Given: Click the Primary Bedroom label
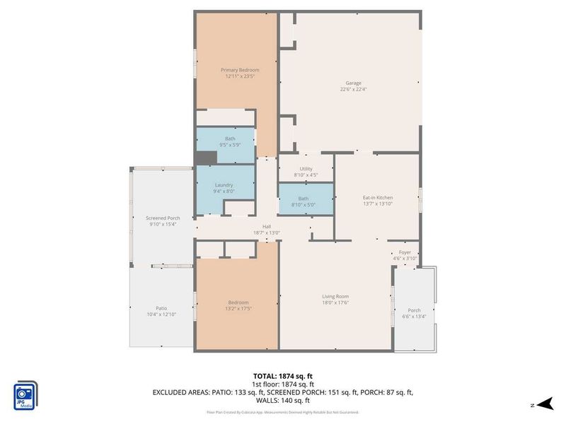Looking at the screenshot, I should [x=240, y=70].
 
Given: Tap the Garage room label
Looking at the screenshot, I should [x=353, y=83].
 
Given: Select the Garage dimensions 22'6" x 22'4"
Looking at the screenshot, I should [x=353, y=90].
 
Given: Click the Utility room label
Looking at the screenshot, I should [x=306, y=169].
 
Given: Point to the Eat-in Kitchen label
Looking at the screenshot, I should [x=377, y=197].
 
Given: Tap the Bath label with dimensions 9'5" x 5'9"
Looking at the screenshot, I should [x=230, y=139].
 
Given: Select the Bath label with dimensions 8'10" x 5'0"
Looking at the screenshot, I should [x=304, y=199].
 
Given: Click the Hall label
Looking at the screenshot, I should [x=267, y=226].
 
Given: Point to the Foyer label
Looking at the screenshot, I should [x=405, y=252].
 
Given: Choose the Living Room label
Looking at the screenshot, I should [x=336, y=296].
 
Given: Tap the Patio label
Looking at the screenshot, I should [x=161, y=307].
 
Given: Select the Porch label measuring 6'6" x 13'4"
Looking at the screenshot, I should [x=415, y=310].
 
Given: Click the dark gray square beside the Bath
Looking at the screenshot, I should [x=206, y=158].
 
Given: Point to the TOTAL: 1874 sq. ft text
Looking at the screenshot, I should [x=283, y=375].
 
